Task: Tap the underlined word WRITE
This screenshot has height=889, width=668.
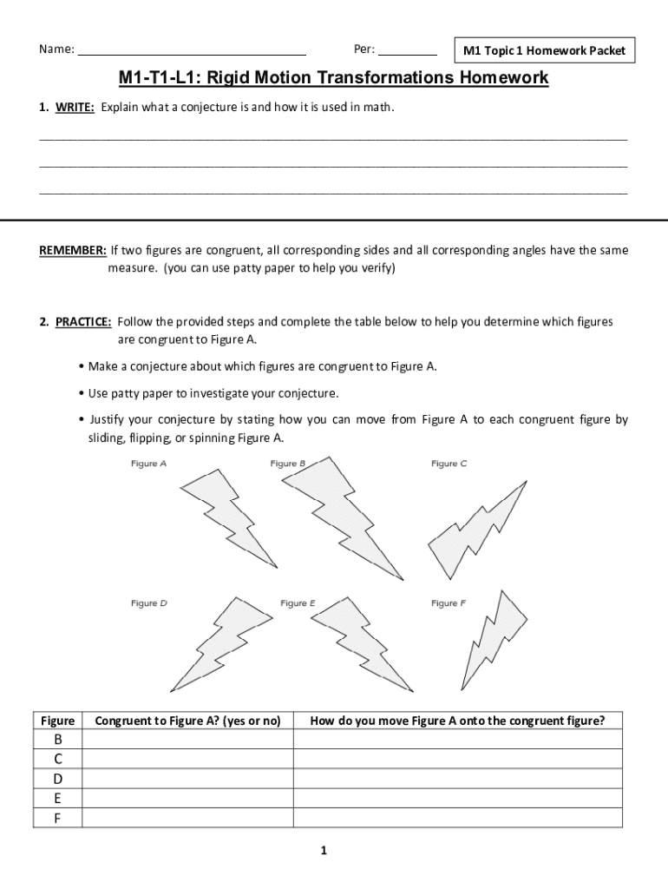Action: [x=75, y=108]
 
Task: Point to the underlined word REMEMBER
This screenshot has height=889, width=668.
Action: [x=73, y=251]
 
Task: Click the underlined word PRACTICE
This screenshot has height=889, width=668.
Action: [x=83, y=322]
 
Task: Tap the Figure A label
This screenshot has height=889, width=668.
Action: [x=149, y=464]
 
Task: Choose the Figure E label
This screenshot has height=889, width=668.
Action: [x=298, y=603]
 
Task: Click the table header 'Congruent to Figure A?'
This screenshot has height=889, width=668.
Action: [x=187, y=721]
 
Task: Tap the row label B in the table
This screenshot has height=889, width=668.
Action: [x=58, y=740]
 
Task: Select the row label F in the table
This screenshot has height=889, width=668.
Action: [x=58, y=818]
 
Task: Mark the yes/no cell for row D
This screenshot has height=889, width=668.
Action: [x=187, y=779]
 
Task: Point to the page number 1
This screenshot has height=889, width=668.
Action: [x=323, y=851]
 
